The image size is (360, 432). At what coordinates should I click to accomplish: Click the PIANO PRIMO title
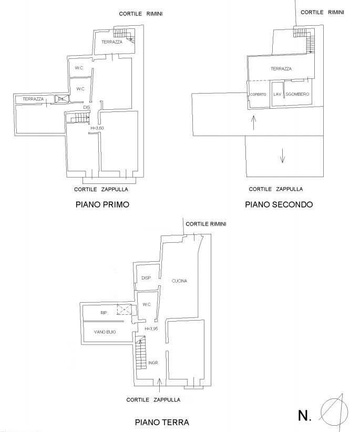tap(102, 204)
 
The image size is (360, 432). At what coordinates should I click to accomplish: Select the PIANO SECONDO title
tap(279, 204)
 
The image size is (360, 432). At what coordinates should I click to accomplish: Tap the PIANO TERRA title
tap(161, 422)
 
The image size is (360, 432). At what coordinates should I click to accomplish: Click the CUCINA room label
tap(180, 281)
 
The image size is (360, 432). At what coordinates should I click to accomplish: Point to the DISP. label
tap(147, 278)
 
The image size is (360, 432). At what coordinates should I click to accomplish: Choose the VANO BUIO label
tap(105, 332)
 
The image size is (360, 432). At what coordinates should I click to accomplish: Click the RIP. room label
tap(104, 313)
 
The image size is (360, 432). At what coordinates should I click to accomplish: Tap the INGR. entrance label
tap(153, 363)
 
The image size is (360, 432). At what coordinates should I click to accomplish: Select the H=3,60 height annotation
tap(98, 128)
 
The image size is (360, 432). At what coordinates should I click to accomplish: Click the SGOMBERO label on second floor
tap(297, 94)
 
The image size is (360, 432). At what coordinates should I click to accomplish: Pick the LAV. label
tap(277, 94)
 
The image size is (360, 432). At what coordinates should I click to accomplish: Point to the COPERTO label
tap(258, 94)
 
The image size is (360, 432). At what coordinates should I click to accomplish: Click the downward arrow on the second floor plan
tap(283, 156)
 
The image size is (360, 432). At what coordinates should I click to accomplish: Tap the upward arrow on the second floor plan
tap(254, 122)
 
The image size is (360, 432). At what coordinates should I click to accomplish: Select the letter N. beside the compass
tap(305, 416)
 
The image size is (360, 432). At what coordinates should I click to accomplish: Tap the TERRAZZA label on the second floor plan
tap(281, 69)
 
